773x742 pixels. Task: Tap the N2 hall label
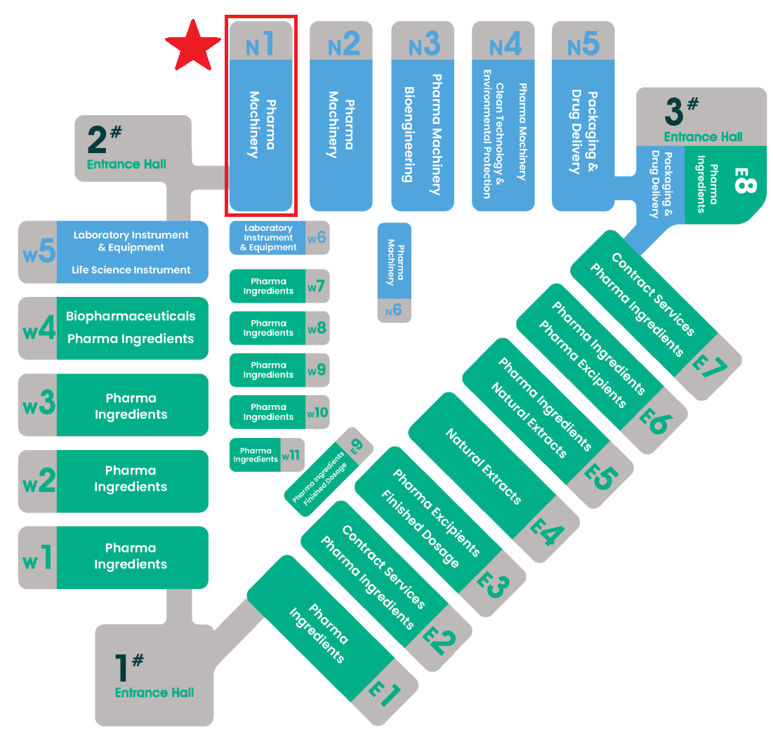point(343,44)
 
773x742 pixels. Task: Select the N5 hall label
point(583,44)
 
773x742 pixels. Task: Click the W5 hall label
point(39,251)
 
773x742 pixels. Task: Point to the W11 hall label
point(291,455)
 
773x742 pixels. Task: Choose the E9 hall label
point(356,446)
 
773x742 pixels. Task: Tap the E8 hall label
point(744,180)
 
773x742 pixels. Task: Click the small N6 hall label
point(393,310)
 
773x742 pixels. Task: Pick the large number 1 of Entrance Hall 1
point(121,668)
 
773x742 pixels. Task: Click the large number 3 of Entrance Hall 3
point(674,112)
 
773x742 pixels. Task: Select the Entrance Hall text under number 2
point(126,164)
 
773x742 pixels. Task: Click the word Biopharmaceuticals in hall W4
point(131,316)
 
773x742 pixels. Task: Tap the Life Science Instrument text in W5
point(131,270)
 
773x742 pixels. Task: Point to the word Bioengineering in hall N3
point(409,135)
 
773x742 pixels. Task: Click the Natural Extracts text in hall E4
point(484,466)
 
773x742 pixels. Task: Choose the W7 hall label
point(316,286)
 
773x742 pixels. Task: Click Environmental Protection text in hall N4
point(487,134)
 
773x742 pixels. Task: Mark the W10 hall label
point(317,412)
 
